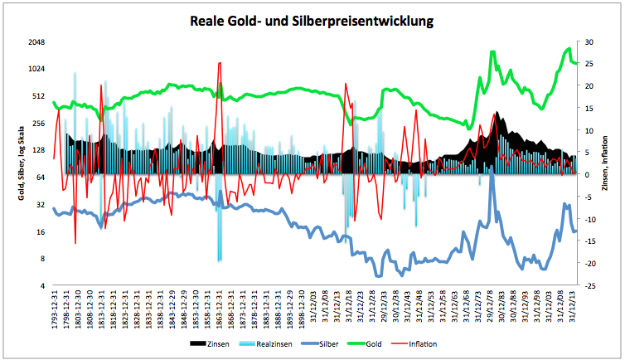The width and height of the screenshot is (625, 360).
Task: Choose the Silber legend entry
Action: tap(341, 343)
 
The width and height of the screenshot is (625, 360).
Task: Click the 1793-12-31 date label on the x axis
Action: tap(55, 314)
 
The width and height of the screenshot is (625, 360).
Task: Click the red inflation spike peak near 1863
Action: tap(219, 62)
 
